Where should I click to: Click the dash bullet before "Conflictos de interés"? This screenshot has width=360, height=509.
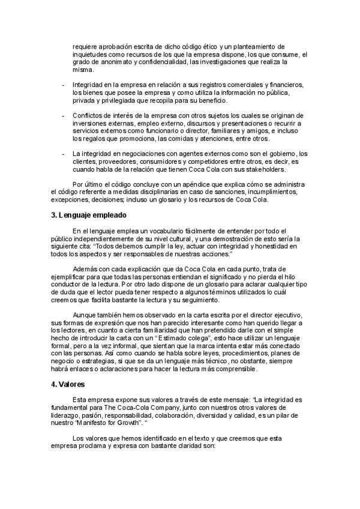click(x=63, y=115)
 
